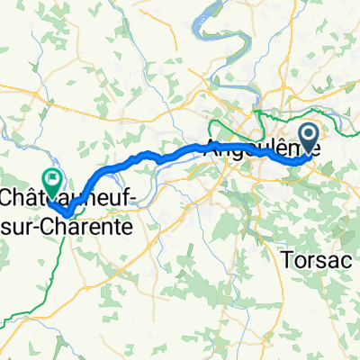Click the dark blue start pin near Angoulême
click(308, 139)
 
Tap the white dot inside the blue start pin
click(308, 136)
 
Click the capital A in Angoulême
click(213, 147)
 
